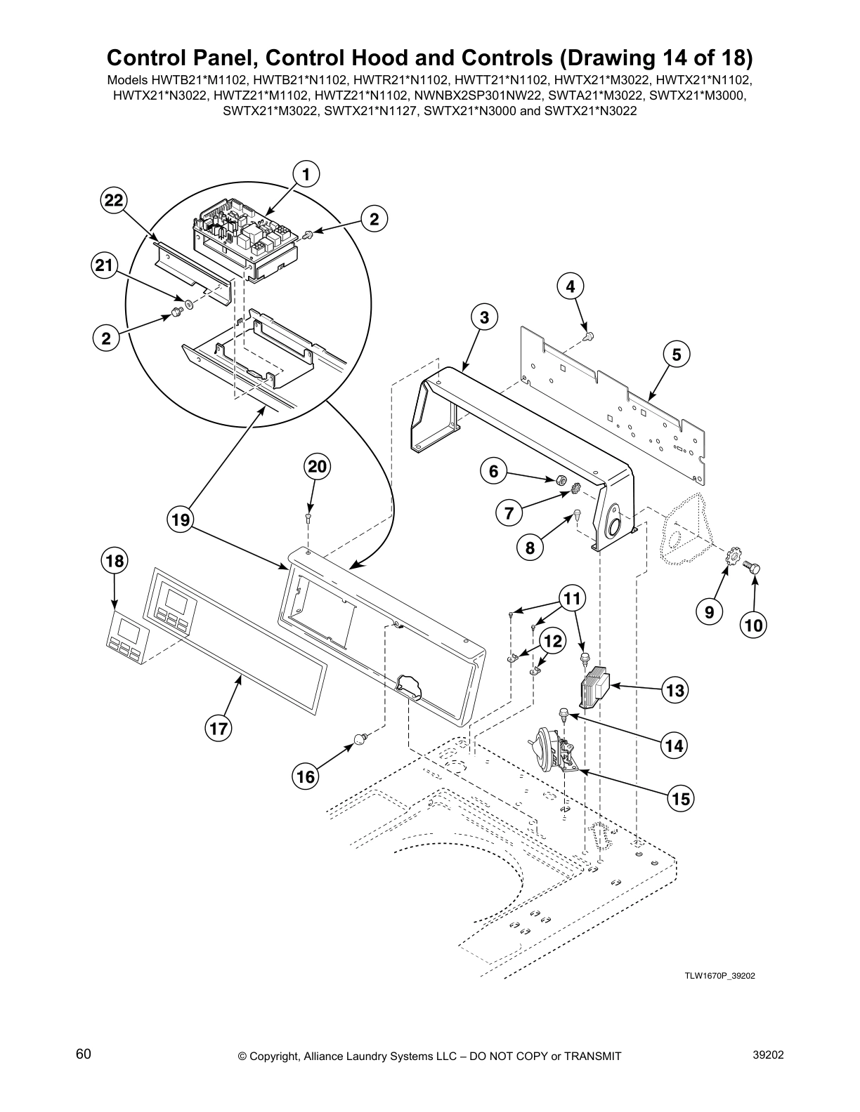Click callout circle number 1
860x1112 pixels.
[x=306, y=173]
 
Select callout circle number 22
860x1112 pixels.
[x=112, y=201]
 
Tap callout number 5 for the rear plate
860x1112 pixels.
[x=676, y=355]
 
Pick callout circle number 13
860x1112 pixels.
[x=675, y=691]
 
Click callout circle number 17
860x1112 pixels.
[x=219, y=729]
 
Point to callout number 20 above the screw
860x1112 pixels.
[x=317, y=467]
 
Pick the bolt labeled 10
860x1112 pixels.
[x=755, y=566]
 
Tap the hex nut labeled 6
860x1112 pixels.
[x=561, y=480]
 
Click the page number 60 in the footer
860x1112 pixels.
[x=84, y=1054]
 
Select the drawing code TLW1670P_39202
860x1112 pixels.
[x=719, y=976]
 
